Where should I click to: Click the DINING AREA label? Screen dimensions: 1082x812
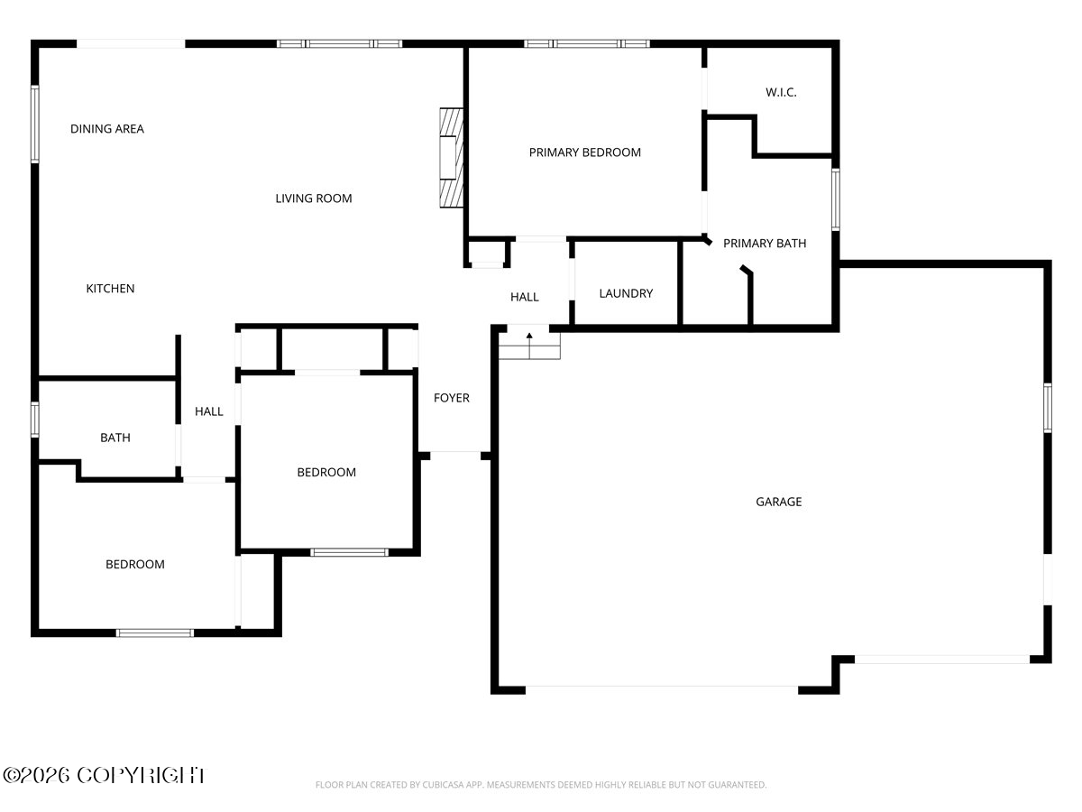click(107, 129)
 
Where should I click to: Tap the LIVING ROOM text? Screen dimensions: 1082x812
click(314, 198)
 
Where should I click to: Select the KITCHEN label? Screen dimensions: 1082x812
click(110, 289)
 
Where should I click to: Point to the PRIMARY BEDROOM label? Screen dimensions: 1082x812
click(584, 152)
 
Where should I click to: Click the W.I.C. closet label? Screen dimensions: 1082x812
click(781, 92)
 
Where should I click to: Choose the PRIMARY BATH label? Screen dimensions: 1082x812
click(765, 243)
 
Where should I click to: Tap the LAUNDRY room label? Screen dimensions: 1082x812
click(626, 293)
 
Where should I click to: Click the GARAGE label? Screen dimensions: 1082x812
click(779, 502)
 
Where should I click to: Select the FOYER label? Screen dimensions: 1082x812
click(452, 398)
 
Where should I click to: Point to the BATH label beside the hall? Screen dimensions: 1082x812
click(115, 438)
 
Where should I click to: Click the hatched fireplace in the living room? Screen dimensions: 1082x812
click(452, 158)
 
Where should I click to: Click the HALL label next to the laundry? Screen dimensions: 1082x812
click(525, 297)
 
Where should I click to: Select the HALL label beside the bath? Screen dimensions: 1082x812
click(209, 411)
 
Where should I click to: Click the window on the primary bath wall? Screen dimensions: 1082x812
click(836, 199)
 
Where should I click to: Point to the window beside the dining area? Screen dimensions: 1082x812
click(35, 124)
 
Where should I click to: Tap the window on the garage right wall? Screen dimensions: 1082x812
click(1048, 408)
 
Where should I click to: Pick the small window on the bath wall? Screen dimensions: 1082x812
click(35, 420)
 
